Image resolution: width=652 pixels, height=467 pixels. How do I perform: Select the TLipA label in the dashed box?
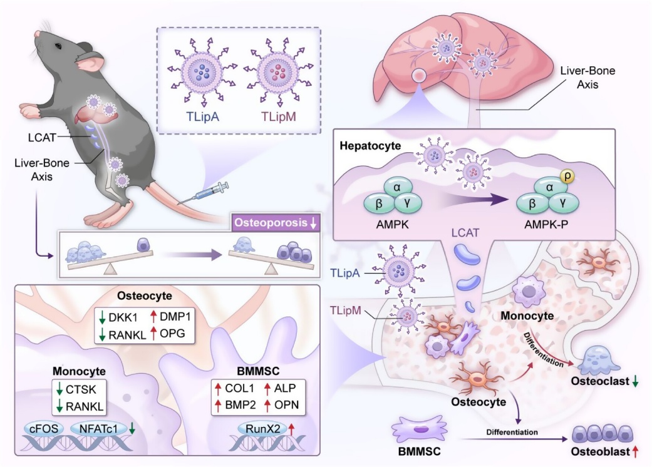click(x=202, y=116)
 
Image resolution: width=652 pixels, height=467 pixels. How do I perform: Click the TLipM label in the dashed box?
click(x=279, y=116)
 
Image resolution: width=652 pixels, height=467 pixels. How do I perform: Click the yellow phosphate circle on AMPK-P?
click(x=567, y=176)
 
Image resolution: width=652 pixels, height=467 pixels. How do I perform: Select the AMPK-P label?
click(x=546, y=225)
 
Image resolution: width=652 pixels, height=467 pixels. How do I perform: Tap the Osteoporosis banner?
click(x=276, y=223)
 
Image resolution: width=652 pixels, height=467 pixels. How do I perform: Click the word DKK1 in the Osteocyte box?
click(x=123, y=317)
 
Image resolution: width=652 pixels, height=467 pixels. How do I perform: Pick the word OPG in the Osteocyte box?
click(x=172, y=333)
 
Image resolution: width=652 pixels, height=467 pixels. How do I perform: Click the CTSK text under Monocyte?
click(x=81, y=389)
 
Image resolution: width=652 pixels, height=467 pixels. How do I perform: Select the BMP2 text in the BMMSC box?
click(x=241, y=404)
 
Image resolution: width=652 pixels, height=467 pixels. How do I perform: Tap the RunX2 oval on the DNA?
click(x=263, y=429)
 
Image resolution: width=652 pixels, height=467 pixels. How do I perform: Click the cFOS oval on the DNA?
click(x=44, y=428)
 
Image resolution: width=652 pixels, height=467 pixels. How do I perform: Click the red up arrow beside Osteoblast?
click(x=635, y=451)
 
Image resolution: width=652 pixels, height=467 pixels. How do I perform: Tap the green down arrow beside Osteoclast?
click(x=635, y=381)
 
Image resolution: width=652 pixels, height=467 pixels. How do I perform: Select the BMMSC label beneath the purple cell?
click(x=419, y=451)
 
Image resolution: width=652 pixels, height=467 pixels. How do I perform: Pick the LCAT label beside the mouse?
click(x=42, y=137)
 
